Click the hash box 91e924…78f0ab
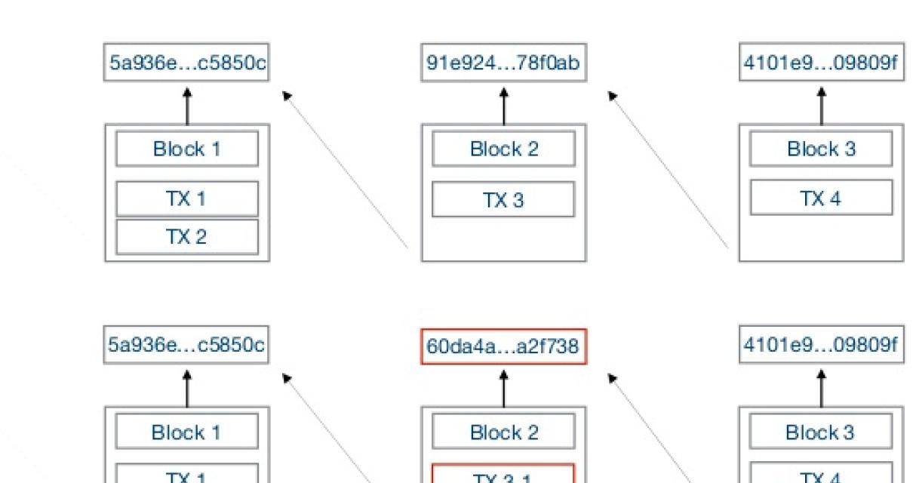pos(503,63)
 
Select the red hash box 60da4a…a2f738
pos(503,346)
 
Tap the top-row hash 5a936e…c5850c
pos(187,63)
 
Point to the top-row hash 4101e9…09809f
pos(821,63)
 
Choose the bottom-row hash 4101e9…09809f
pos(821,346)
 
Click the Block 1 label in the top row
pos(187,149)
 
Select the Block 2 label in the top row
pos(503,149)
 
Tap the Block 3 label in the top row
pos(821,149)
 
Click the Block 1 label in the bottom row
pos(187,432)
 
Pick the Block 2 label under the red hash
pos(503,432)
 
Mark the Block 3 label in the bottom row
pos(821,432)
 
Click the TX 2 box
pos(187,237)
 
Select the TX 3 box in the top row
pos(503,200)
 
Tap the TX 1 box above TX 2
pos(187,198)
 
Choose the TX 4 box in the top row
pos(821,198)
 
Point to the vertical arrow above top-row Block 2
pos(504,105)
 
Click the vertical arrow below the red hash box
pos(504,388)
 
